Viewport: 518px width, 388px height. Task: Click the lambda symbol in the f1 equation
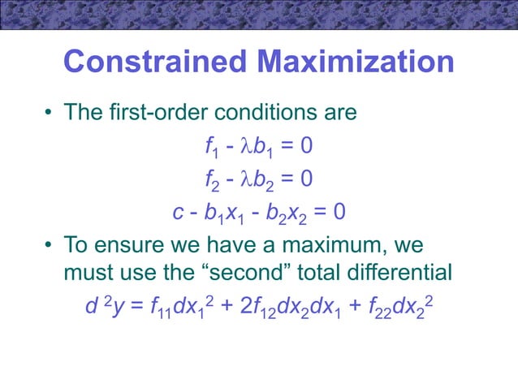[x=242, y=146]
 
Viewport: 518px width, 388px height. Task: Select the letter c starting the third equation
[x=178, y=212]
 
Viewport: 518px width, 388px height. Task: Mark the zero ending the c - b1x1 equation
[x=339, y=212]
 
